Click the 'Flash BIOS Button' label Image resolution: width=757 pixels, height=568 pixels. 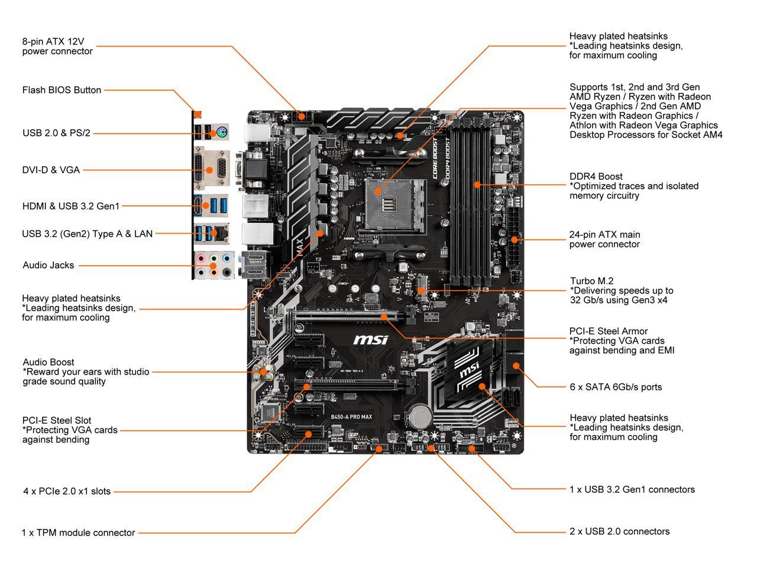62,90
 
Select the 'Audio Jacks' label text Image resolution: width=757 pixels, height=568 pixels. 48,265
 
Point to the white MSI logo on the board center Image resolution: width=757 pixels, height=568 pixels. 371,340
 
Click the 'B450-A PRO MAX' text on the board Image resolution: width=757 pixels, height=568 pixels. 351,417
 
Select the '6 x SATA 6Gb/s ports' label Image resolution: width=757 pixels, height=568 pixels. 616,387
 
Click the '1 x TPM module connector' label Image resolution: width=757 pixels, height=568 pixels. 78,532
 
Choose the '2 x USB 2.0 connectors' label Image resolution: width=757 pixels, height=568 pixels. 619,531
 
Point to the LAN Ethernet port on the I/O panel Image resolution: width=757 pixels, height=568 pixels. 222,233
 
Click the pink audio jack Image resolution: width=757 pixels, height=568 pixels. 202,259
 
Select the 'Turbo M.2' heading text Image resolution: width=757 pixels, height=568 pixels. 591,281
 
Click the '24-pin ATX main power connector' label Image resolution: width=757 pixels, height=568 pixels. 604,240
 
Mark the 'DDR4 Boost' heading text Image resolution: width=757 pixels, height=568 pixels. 596,176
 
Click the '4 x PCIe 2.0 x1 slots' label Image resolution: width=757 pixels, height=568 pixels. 67,491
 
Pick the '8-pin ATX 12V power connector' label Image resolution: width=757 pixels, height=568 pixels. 57,46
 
